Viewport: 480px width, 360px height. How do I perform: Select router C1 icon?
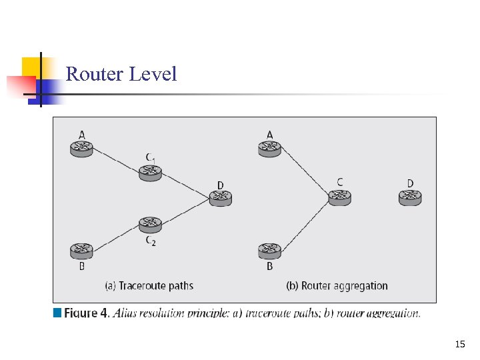click(x=151, y=172)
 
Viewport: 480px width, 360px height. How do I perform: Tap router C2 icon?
click(x=151, y=223)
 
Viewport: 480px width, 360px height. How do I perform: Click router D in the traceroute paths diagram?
click(x=220, y=197)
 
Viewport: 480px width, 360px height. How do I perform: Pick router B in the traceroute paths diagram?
click(x=81, y=251)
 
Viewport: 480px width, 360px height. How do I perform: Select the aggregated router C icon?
click(x=339, y=197)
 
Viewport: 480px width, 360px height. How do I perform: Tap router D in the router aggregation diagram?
click(x=410, y=197)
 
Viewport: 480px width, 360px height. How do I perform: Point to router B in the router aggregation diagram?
click(x=269, y=251)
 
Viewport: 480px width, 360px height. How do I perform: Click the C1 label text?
click(x=151, y=158)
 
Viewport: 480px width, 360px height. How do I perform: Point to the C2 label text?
click(x=151, y=241)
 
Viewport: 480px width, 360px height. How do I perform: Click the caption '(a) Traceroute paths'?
click(x=149, y=286)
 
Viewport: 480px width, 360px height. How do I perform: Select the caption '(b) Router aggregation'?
click(x=337, y=286)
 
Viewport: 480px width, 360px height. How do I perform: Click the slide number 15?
click(x=459, y=344)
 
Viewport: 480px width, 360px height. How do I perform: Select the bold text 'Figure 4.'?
click(x=87, y=313)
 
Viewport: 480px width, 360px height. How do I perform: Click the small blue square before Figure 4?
click(x=57, y=313)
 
